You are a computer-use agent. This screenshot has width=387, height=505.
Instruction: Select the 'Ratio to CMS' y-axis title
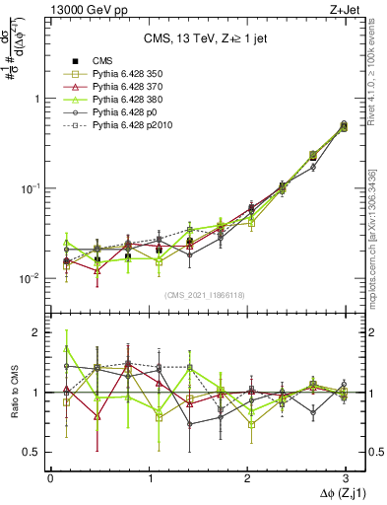click(13, 395)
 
